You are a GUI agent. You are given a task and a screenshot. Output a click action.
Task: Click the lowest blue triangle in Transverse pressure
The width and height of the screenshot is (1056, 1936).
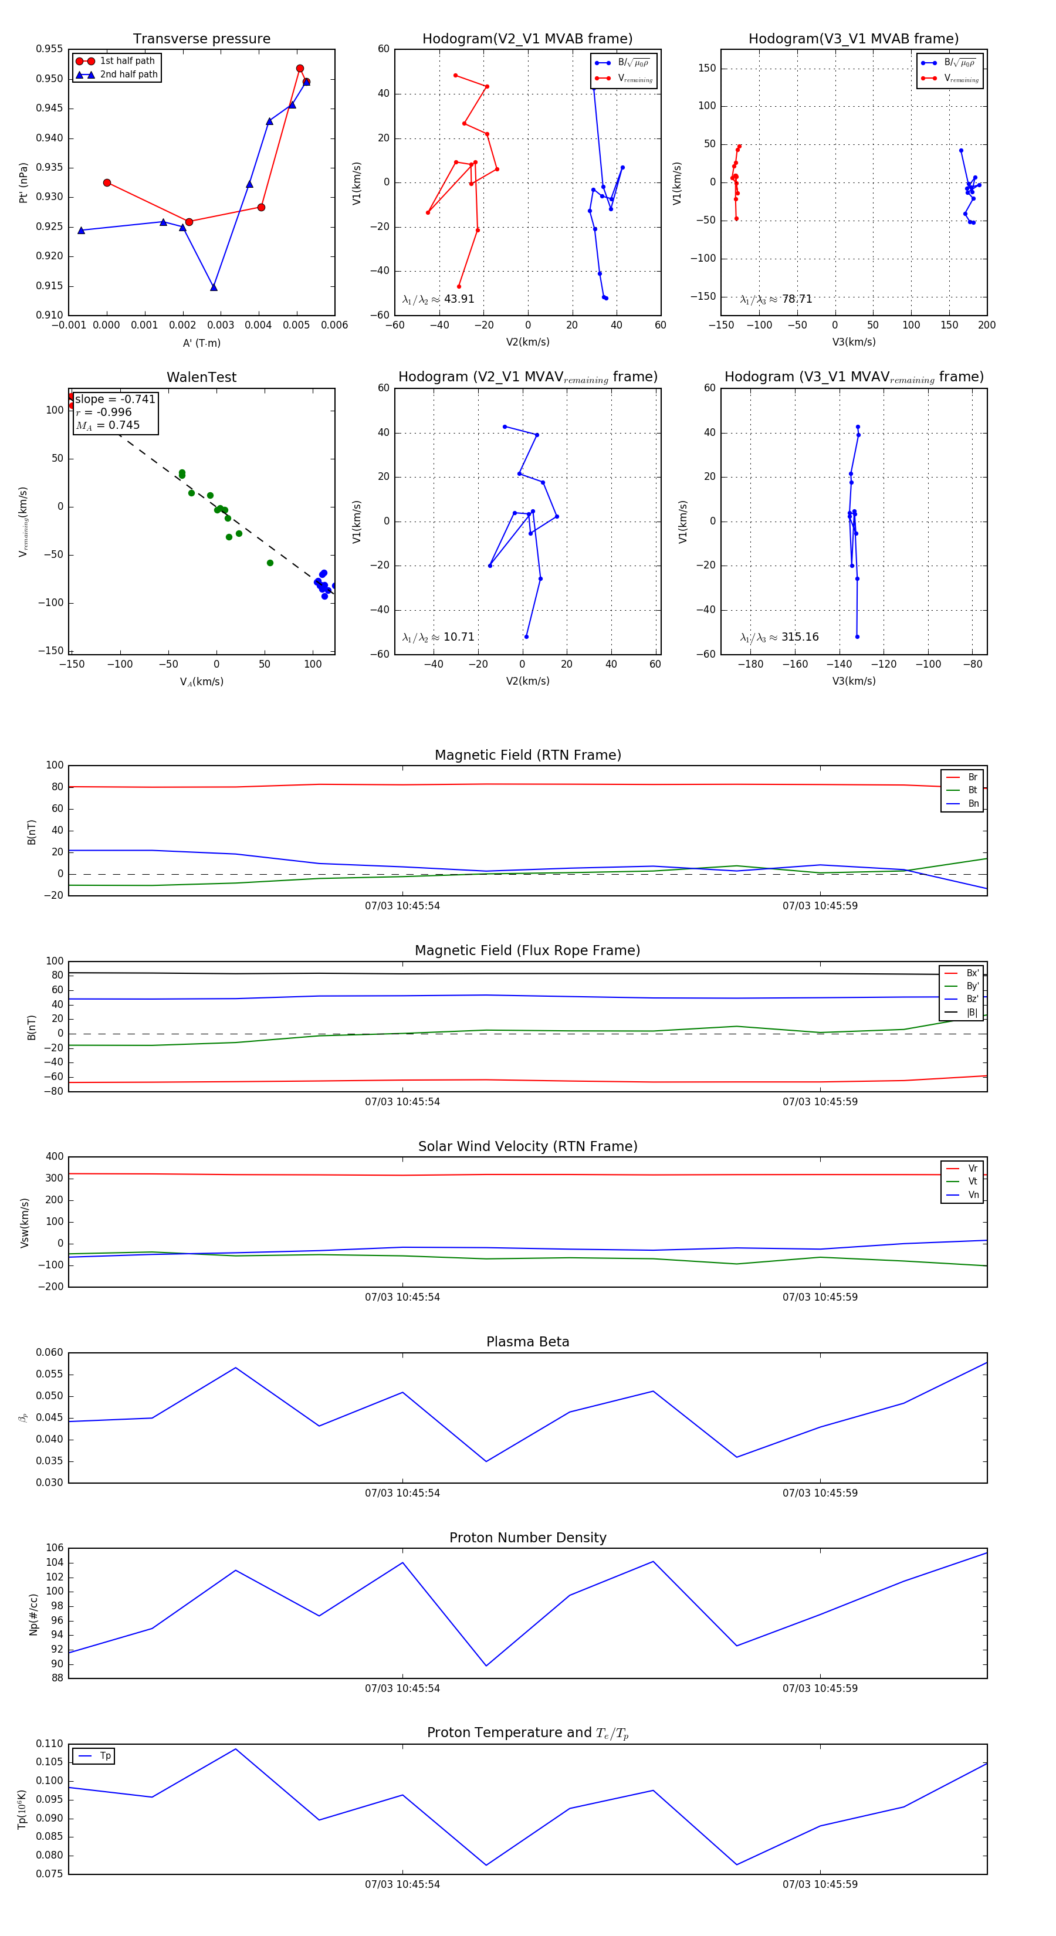coord(214,287)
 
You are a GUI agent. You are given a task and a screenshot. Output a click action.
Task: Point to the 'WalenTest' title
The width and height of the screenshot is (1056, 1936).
coord(201,377)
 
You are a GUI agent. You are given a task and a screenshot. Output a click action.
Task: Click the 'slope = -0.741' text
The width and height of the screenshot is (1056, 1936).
coord(115,399)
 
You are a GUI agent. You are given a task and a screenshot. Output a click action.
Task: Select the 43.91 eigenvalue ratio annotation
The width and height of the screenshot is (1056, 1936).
coord(438,299)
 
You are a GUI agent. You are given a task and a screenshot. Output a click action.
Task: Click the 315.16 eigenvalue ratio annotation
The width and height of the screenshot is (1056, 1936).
coord(780,637)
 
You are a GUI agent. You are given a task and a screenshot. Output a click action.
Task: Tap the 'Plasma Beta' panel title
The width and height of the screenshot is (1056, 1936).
coord(527,1342)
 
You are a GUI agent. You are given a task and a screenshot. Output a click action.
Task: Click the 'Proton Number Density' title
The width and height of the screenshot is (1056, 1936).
coord(527,1538)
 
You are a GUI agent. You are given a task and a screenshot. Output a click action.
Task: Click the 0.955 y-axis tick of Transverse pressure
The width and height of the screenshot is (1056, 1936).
coord(50,49)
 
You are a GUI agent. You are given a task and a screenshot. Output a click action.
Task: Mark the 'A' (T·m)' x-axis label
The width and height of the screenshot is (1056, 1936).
coord(201,343)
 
